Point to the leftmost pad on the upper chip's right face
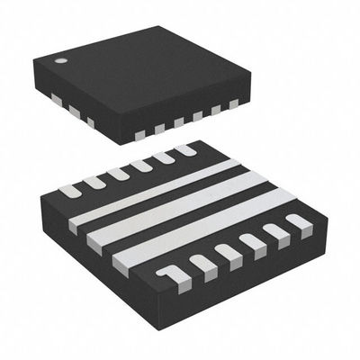(x=139, y=134)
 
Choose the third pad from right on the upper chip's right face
(x=197, y=117)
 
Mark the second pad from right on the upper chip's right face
(x=216, y=112)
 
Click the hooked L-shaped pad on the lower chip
(x=167, y=272)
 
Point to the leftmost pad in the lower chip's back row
(x=69, y=190)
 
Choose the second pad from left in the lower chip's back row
(x=94, y=181)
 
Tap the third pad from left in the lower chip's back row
(x=118, y=173)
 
